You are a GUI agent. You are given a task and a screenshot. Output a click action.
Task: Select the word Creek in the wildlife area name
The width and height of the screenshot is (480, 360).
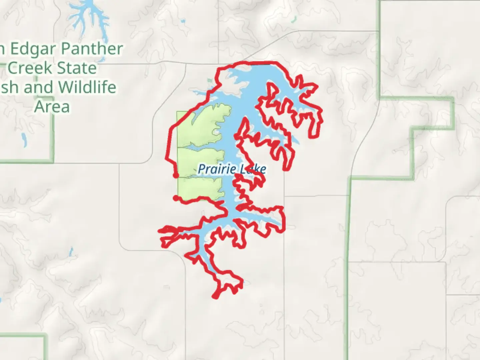tap(30, 68)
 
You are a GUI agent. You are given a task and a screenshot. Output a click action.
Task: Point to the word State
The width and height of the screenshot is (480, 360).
tap(77, 68)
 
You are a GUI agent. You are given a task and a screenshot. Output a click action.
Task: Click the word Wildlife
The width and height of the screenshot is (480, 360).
tap(87, 87)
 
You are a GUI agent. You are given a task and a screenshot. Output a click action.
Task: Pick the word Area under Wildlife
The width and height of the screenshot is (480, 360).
tap(52, 107)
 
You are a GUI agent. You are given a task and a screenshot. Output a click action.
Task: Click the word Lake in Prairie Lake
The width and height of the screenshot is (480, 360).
tap(253, 169)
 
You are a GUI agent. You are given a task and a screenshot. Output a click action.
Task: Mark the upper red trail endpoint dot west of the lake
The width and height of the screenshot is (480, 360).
tap(176, 175)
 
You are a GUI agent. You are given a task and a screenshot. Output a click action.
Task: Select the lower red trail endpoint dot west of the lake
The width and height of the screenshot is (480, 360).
tap(176, 198)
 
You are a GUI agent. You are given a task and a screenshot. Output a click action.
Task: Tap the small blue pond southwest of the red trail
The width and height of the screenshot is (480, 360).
tap(71, 252)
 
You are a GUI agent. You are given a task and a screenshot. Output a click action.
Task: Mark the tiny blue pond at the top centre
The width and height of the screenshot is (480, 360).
tap(183, 22)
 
